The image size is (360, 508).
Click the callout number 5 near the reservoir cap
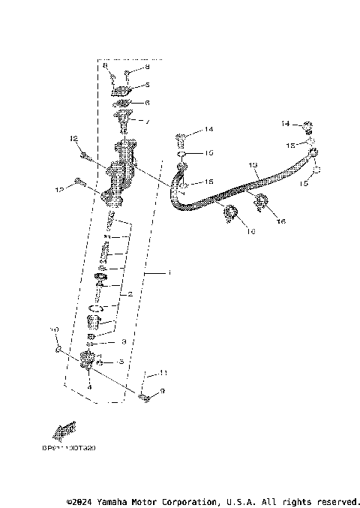click(x=148, y=85)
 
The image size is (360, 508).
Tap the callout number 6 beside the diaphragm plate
click(x=147, y=103)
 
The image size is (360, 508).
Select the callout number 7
click(x=147, y=122)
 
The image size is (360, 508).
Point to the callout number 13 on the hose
click(x=252, y=164)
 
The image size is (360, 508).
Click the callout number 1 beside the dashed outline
click(x=169, y=275)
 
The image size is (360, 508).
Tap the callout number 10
click(x=53, y=329)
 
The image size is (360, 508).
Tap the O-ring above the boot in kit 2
click(x=95, y=308)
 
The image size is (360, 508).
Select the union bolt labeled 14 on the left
click(x=181, y=137)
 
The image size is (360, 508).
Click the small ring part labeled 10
click(x=57, y=350)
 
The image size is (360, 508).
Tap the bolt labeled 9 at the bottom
click(x=145, y=395)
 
